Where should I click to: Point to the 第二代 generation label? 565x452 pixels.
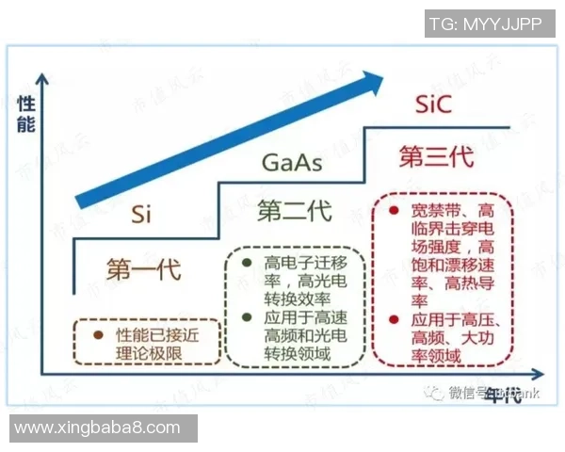coord(294,211)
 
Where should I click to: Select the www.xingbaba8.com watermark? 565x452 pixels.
coord(98,428)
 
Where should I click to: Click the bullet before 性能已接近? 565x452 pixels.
coord(96,333)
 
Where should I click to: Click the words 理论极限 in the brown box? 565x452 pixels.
coord(154,352)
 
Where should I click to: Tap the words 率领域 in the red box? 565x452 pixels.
coord(436,355)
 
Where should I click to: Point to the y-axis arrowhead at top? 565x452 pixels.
coord(41,77)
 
